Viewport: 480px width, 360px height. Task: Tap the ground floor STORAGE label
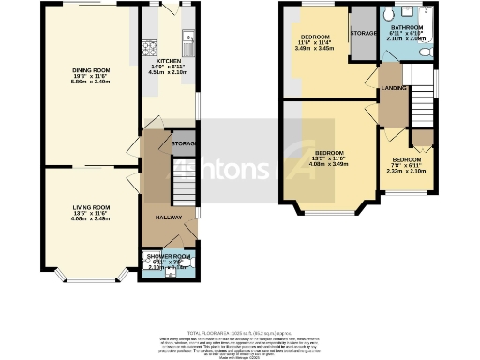(x=183, y=143)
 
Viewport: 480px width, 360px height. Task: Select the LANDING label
(x=393, y=88)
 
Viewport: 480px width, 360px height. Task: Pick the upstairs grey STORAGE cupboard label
(x=362, y=33)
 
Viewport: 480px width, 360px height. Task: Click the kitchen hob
(x=147, y=48)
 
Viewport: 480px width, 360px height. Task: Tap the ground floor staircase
(x=182, y=177)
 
